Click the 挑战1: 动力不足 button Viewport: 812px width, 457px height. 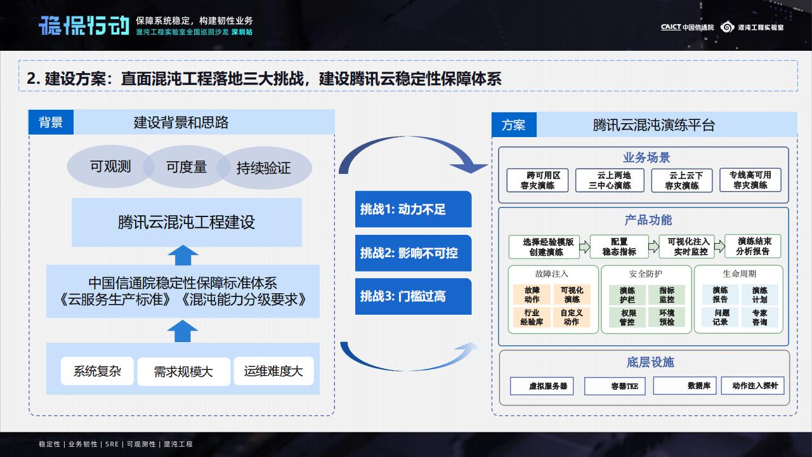(413, 209)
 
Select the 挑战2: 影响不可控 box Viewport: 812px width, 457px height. (413, 253)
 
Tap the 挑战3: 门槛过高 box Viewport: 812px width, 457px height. (413, 296)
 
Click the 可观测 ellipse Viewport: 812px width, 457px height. (110, 166)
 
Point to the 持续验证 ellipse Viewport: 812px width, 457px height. (264, 168)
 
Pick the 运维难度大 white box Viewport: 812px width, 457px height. (273, 371)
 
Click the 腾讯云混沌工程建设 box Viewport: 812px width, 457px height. (187, 222)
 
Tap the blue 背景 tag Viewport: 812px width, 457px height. (51, 122)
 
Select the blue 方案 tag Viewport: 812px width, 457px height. (514, 125)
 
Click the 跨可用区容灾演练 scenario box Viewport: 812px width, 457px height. (538, 180)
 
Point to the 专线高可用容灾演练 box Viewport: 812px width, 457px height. (750, 180)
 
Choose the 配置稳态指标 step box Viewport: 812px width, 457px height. (619, 247)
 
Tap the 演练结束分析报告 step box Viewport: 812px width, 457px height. (753, 246)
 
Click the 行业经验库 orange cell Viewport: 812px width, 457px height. (532, 317)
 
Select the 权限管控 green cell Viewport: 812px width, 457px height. (627, 317)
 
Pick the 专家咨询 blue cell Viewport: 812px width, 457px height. (759, 317)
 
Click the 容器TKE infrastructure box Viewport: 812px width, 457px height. (615, 385)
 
